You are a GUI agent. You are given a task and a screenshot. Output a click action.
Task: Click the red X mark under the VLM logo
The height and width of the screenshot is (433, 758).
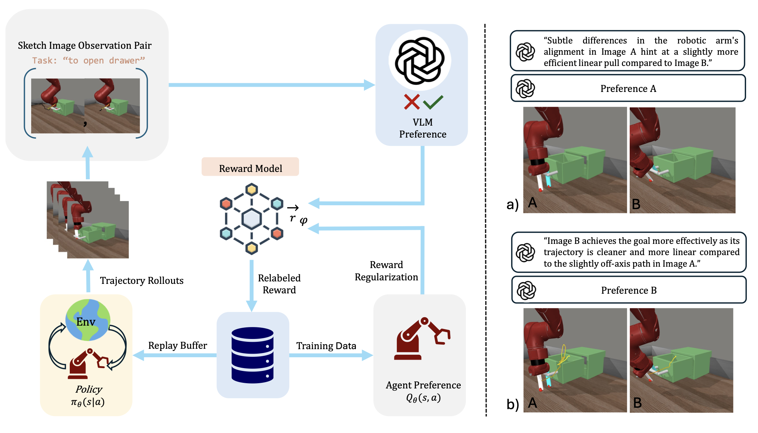pos(412,102)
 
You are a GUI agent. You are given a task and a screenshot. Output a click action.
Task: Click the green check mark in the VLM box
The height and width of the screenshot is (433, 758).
pos(433,102)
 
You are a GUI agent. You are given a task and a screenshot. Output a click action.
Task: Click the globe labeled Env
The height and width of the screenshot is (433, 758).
pos(88,320)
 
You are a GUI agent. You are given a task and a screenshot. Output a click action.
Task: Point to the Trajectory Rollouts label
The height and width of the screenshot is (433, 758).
pos(142,280)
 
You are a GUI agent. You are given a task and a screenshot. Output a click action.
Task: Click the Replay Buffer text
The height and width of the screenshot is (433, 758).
pos(177,345)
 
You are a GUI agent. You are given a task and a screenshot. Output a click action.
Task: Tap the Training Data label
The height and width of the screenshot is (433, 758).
pos(326,346)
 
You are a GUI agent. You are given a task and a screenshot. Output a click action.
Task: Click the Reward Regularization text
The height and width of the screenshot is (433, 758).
pos(386,271)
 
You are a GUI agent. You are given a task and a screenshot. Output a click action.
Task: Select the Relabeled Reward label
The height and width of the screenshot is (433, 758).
pos(279,284)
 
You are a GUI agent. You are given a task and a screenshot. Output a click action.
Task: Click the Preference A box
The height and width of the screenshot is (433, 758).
pos(628,88)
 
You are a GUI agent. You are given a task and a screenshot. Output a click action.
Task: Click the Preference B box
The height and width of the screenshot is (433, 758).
pos(629,290)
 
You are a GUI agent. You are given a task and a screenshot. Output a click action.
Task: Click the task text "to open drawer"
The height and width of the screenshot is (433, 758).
pos(88,60)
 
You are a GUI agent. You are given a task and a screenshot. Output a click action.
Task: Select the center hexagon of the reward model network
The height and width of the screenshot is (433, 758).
pos(251,218)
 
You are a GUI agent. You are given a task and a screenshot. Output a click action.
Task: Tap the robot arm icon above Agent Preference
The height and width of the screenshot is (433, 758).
pos(422,339)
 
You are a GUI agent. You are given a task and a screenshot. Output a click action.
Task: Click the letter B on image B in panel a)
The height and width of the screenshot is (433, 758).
pos(636,204)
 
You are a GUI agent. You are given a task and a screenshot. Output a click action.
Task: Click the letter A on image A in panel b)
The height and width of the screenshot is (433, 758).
pos(532,403)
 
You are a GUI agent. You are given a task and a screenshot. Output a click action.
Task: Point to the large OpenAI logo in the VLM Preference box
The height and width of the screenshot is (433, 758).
pos(420,60)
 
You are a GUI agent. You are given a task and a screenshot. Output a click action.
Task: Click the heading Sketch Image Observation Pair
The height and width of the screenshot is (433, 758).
pos(84,45)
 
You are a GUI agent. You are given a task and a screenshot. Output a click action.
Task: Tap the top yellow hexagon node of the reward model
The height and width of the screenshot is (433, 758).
pos(251,190)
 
